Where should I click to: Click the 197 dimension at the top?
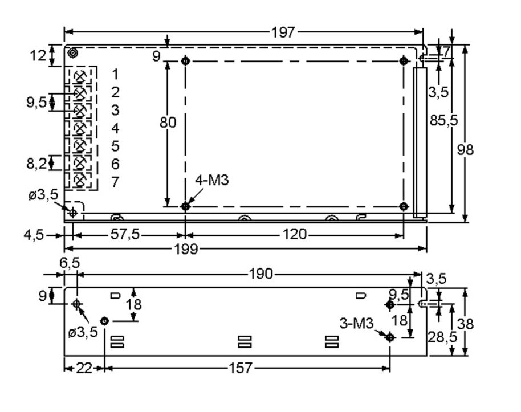(283, 32)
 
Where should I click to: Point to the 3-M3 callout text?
(356, 323)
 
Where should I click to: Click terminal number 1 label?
(115, 74)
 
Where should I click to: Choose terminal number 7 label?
(115, 182)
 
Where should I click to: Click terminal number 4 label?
(115, 128)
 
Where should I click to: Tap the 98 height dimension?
(466, 149)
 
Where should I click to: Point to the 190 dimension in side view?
(260, 274)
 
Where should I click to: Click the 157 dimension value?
(240, 368)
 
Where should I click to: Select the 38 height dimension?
(466, 324)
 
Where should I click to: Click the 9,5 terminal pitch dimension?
(37, 103)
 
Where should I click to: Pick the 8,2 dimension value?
(37, 164)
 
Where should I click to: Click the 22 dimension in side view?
(84, 368)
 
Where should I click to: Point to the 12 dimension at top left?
(38, 56)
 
